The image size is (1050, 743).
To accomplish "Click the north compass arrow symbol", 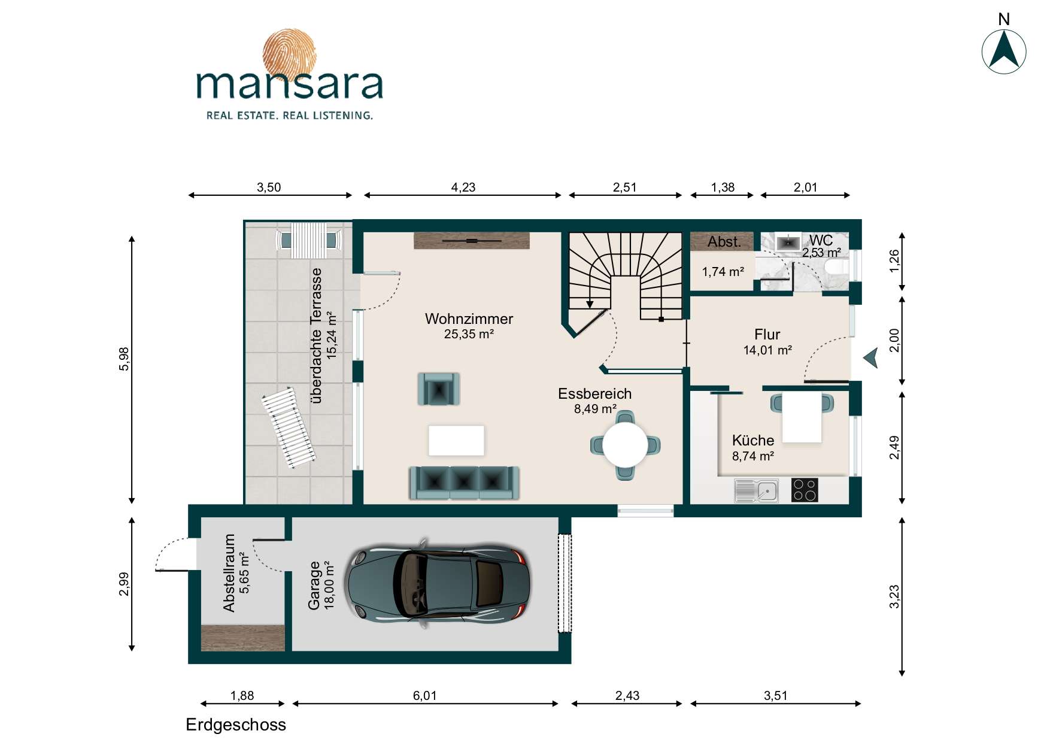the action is (x=1004, y=51).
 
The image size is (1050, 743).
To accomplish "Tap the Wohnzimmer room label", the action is (x=469, y=319).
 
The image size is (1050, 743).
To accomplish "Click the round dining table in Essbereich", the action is (x=626, y=445).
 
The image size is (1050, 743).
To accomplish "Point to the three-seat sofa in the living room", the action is (x=464, y=483).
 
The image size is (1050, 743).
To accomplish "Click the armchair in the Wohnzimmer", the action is (x=439, y=389).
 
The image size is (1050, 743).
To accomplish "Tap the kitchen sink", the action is (x=757, y=491).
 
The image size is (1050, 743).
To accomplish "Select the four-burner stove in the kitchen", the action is (x=805, y=490).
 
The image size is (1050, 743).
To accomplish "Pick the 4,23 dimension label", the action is (x=463, y=187).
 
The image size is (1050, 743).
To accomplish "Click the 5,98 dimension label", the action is (x=124, y=359).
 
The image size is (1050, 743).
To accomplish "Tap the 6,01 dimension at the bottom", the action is (x=424, y=696).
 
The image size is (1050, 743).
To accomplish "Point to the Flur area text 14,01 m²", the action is (x=767, y=350).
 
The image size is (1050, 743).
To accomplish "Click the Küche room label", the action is (x=753, y=440).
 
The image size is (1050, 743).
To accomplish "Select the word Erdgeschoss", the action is (x=236, y=724).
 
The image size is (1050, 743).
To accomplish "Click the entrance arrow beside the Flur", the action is (x=870, y=359).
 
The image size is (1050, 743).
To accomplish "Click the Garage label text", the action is (x=314, y=586).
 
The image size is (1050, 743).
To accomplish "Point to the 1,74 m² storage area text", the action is (x=723, y=272).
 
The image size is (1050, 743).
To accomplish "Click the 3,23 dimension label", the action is (x=894, y=597).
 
